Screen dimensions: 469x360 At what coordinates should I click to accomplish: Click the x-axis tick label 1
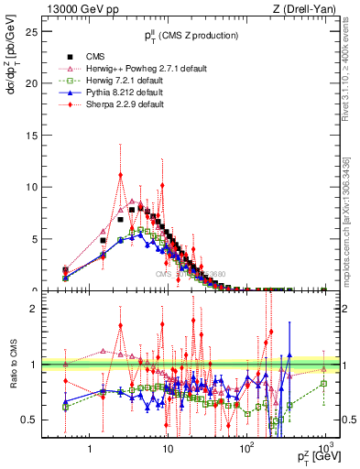pos(90,447)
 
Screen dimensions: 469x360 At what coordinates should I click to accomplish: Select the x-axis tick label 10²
pos(246,446)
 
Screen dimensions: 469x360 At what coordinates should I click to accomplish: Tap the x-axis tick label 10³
pos(324,446)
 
